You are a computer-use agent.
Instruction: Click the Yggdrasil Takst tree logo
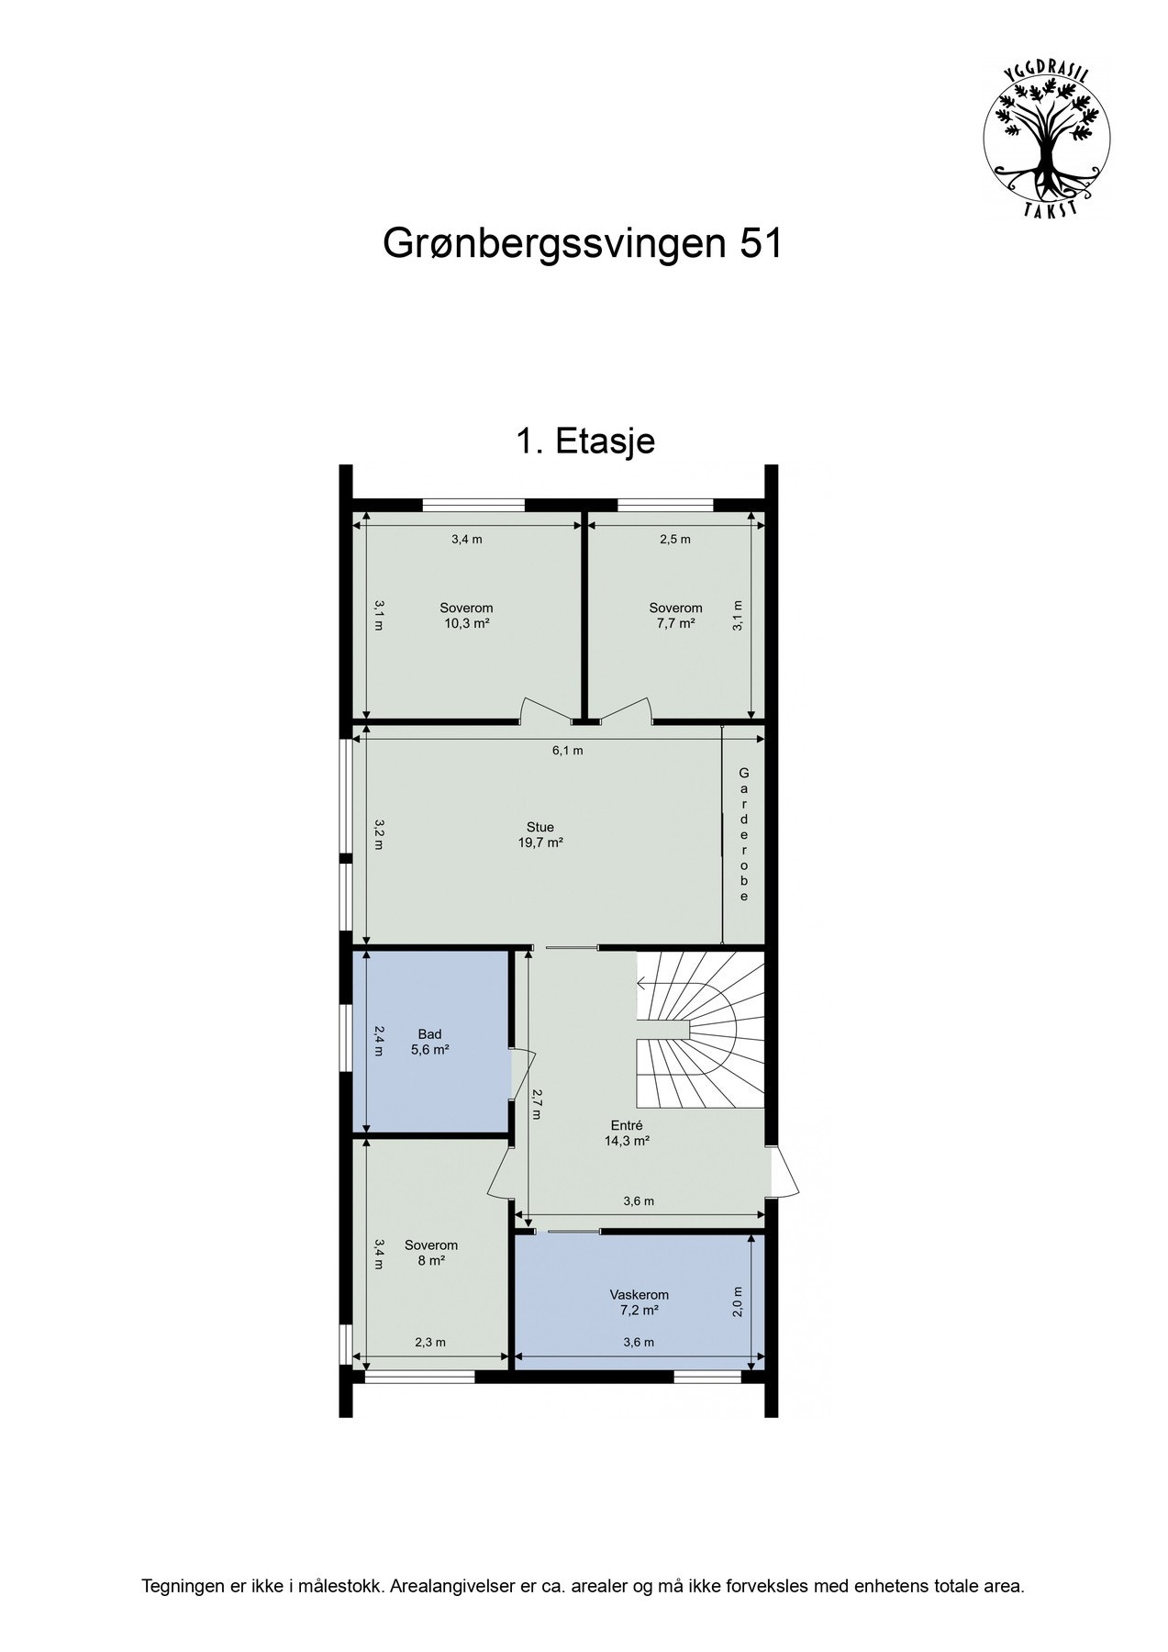click(1046, 140)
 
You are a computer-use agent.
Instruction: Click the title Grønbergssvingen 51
click(583, 244)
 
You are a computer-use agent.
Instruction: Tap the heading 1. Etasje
click(584, 441)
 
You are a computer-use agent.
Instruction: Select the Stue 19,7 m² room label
click(540, 834)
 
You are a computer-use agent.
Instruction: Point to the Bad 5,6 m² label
click(429, 1042)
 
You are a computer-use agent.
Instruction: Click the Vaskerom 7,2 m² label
click(639, 1302)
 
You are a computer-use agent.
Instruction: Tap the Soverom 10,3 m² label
click(466, 615)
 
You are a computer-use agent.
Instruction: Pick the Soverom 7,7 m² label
click(675, 615)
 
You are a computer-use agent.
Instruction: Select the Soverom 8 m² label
click(431, 1253)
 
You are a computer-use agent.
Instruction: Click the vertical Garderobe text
click(744, 835)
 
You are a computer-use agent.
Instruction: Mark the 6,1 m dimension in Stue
click(567, 750)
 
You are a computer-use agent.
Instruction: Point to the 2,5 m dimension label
click(675, 540)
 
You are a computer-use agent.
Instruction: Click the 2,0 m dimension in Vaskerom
click(738, 1301)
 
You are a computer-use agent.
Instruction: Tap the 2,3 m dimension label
click(429, 1342)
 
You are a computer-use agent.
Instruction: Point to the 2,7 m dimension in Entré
click(536, 1103)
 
